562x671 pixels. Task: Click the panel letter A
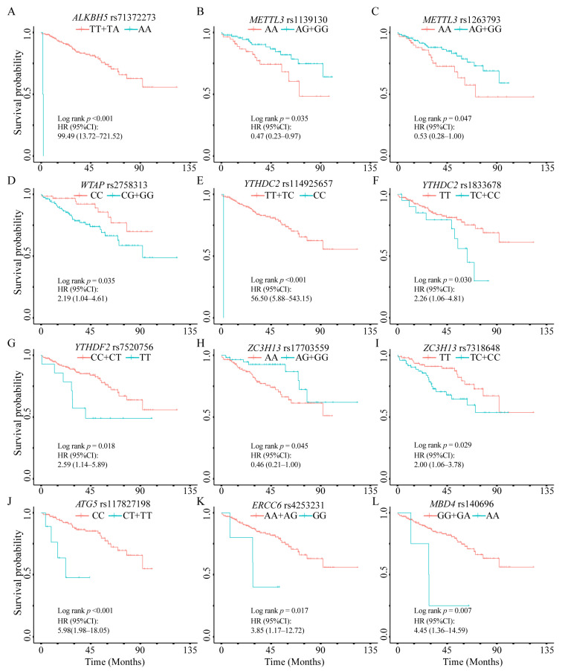point(12,11)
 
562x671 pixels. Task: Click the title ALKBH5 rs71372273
point(114,18)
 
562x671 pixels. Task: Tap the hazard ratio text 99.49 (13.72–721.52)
point(90,136)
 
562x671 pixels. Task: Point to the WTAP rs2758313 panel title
point(114,185)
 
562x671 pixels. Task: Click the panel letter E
point(200,180)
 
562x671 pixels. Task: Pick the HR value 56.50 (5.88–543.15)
point(281,298)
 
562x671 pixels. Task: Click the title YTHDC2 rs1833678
point(462,185)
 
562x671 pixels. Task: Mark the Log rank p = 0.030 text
point(442,280)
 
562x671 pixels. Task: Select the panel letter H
point(200,343)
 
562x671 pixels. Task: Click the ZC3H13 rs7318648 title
point(462,347)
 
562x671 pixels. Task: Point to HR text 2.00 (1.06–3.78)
point(439,464)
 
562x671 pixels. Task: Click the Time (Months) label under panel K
point(294,661)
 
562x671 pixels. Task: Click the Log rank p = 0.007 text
point(442,610)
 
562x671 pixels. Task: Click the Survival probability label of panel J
point(18,573)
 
